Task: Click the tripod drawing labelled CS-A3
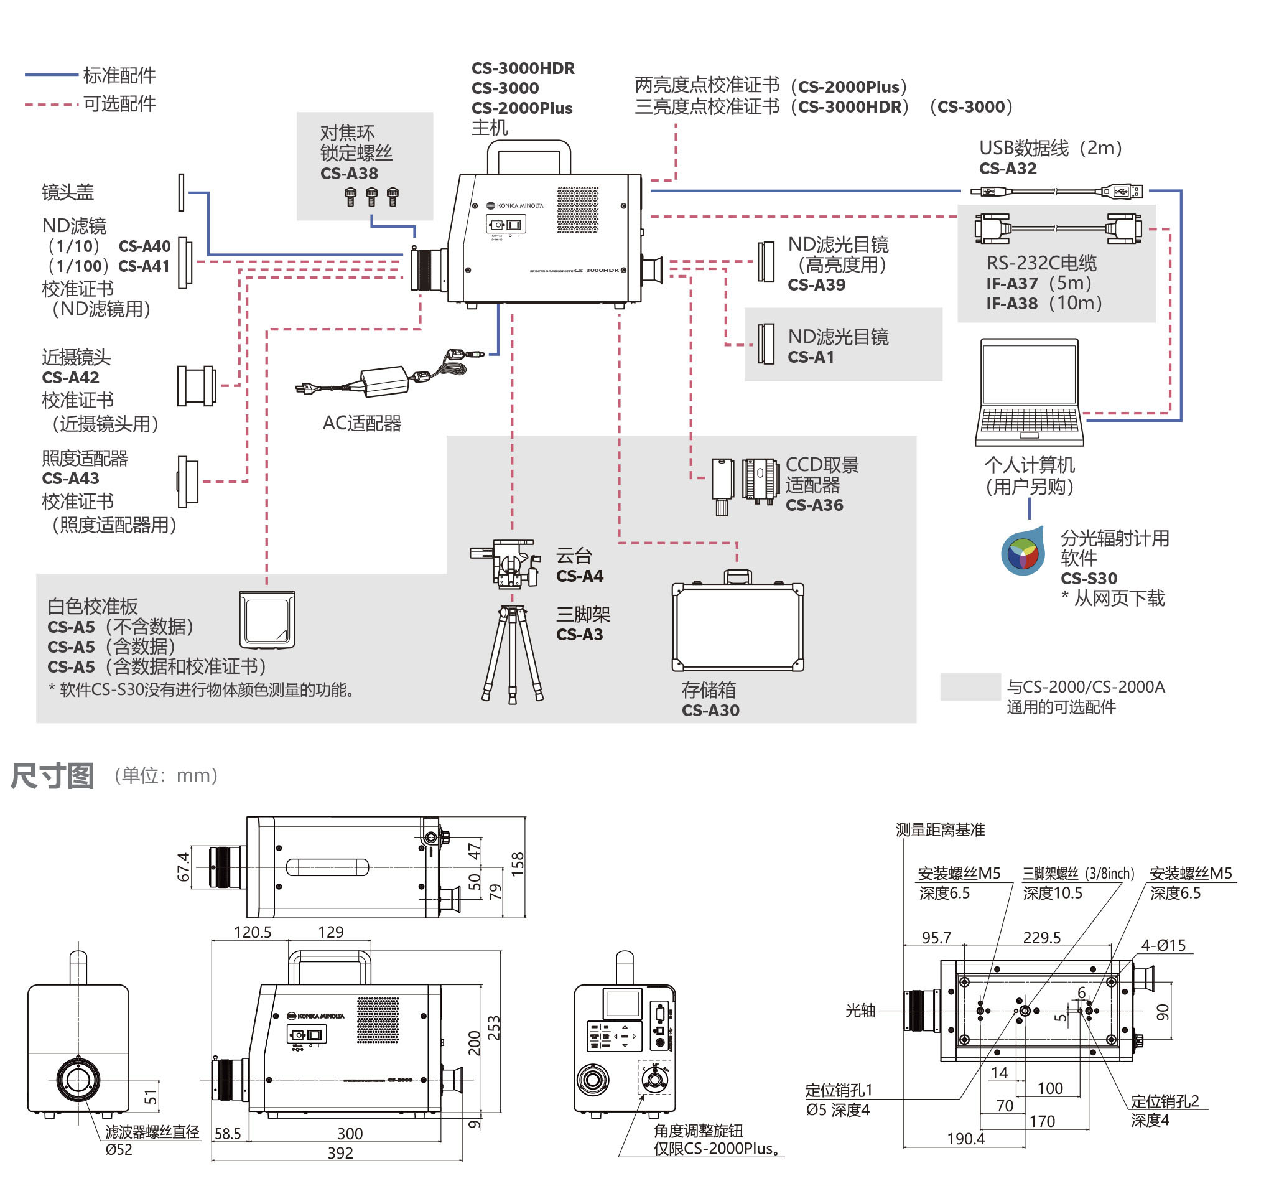[x=512, y=653]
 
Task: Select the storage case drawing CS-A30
[x=737, y=625]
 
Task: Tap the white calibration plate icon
[x=267, y=619]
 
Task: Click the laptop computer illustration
[x=1029, y=391]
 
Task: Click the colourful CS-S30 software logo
[x=1023, y=553]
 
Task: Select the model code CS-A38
[x=349, y=174]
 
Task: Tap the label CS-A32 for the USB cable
[x=1007, y=169]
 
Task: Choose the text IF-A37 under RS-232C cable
[x=1012, y=283]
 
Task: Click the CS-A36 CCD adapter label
[x=814, y=505]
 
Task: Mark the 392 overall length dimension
[x=340, y=1152]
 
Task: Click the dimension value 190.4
[x=965, y=1139]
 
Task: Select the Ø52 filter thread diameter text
[x=119, y=1149]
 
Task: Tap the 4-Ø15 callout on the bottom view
[x=1163, y=945]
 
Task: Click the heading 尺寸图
[x=52, y=776]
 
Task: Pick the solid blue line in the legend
[x=51, y=75]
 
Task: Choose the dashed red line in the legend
[x=51, y=104]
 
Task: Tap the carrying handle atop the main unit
[x=529, y=154]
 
